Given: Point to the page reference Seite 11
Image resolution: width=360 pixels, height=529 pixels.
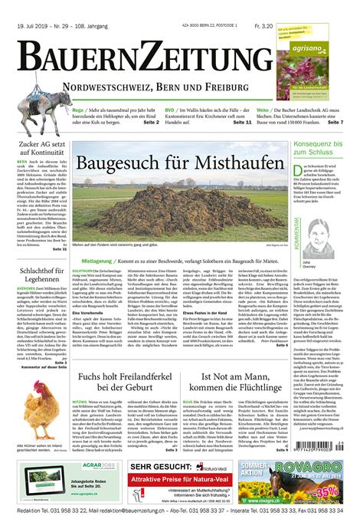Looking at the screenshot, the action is (x=242, y=122).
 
